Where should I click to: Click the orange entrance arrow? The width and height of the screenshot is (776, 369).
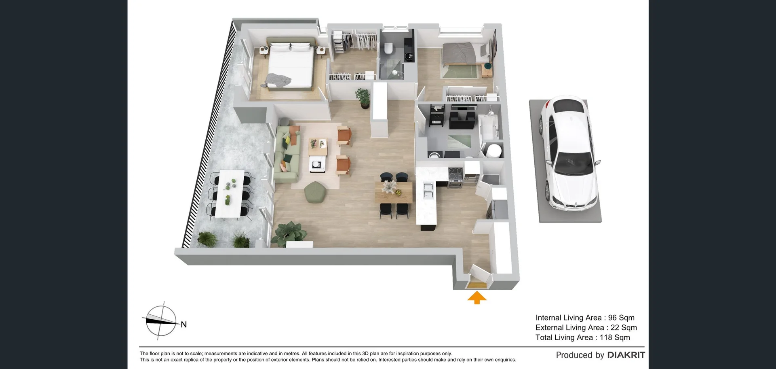pos(477,298)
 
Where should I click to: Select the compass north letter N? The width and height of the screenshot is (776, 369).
pos(184,324)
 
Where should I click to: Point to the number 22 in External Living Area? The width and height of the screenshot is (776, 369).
pos(615,328)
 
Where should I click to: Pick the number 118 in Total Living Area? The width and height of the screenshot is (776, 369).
pos(606,337)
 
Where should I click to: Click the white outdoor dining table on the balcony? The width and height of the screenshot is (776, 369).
pos(230,193)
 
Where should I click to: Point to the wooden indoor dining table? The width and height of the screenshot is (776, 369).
pos(393,192)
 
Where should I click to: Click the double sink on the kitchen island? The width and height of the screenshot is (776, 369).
pos(427,190)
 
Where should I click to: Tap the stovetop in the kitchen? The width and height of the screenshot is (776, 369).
pos(456,175)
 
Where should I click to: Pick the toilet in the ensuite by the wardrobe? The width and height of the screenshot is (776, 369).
pos(389,48)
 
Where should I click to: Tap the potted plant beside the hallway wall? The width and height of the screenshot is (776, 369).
pos(363,98)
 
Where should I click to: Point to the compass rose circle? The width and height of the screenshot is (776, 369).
pos(161,321)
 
